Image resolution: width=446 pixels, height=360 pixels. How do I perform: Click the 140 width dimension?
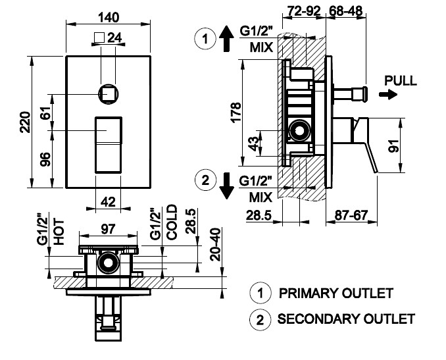(x=109, y=18)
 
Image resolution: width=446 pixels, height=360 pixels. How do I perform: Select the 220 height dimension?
(x=25, y=122)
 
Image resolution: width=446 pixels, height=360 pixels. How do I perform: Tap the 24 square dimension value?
(x=115, y=38)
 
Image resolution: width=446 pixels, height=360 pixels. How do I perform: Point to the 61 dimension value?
(x=47, y=112)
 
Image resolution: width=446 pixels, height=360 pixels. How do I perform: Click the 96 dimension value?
(x=46, y=159)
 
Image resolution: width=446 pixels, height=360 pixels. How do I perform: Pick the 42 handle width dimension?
(x=109, y=202)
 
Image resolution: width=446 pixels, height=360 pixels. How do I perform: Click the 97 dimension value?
(x=108, y=229)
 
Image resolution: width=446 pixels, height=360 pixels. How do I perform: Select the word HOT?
(x=59, y=232)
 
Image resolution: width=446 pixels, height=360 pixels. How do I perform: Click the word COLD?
(x=172, y=222)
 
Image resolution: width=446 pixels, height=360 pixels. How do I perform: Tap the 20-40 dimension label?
(x=216, y=244)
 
